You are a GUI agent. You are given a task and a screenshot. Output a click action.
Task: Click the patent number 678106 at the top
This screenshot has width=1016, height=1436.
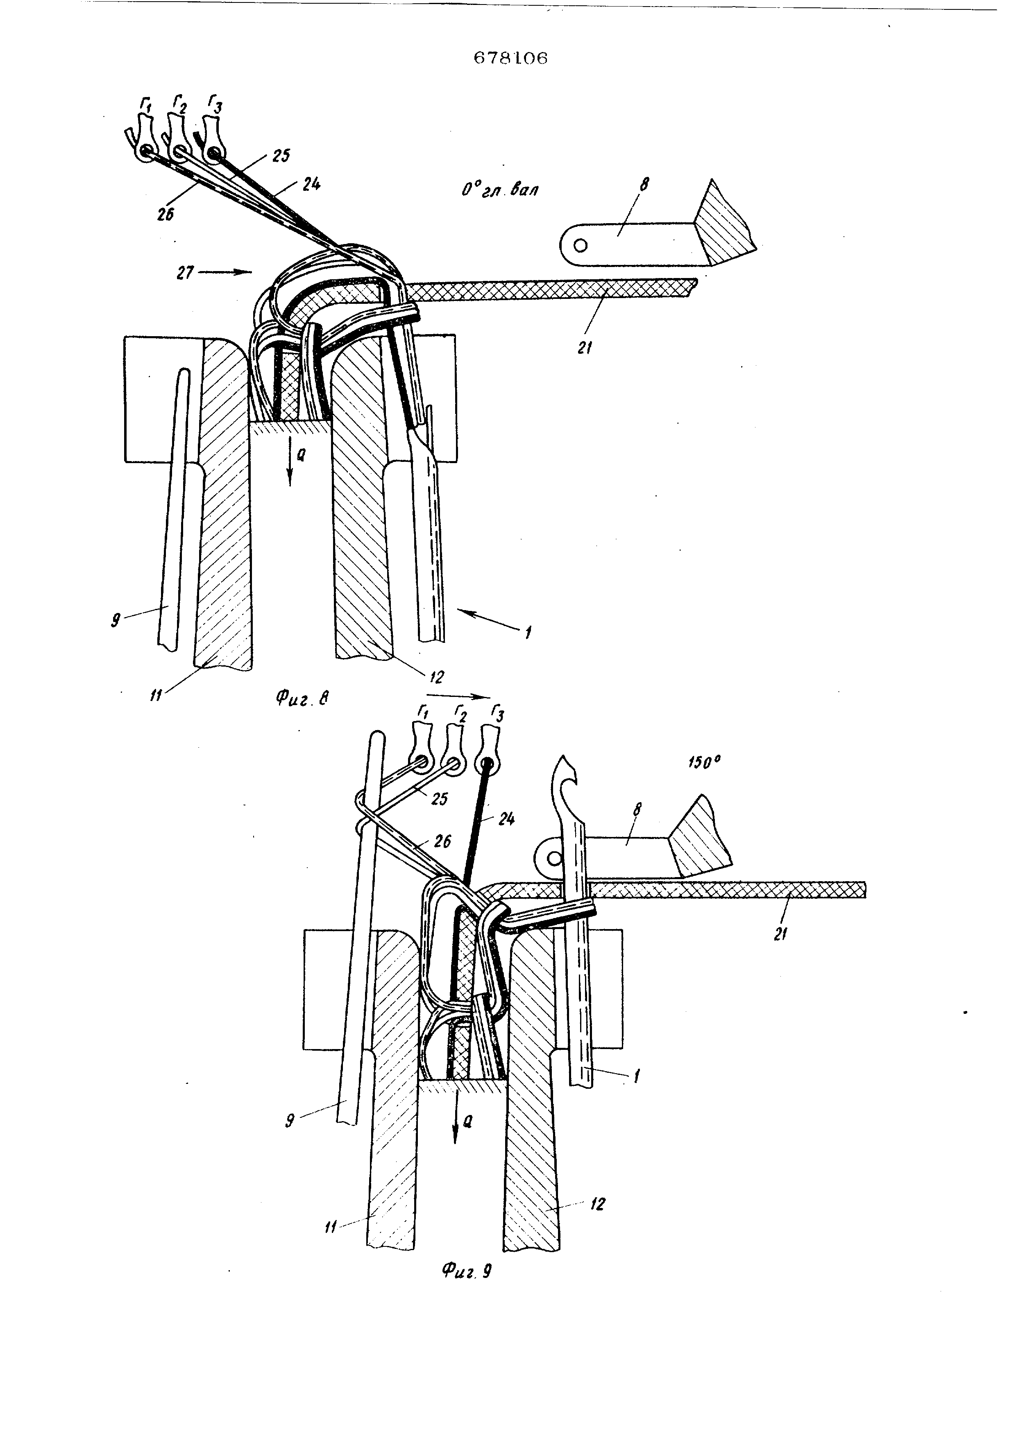tap(510, 58)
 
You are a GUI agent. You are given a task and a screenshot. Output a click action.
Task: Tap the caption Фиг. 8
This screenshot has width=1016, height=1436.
tap(303, 697)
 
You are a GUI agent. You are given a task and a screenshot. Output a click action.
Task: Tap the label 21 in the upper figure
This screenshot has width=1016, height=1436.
tap(585, 348)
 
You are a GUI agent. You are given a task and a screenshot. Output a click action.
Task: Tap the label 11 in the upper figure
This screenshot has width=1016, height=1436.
tap(156, 694)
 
